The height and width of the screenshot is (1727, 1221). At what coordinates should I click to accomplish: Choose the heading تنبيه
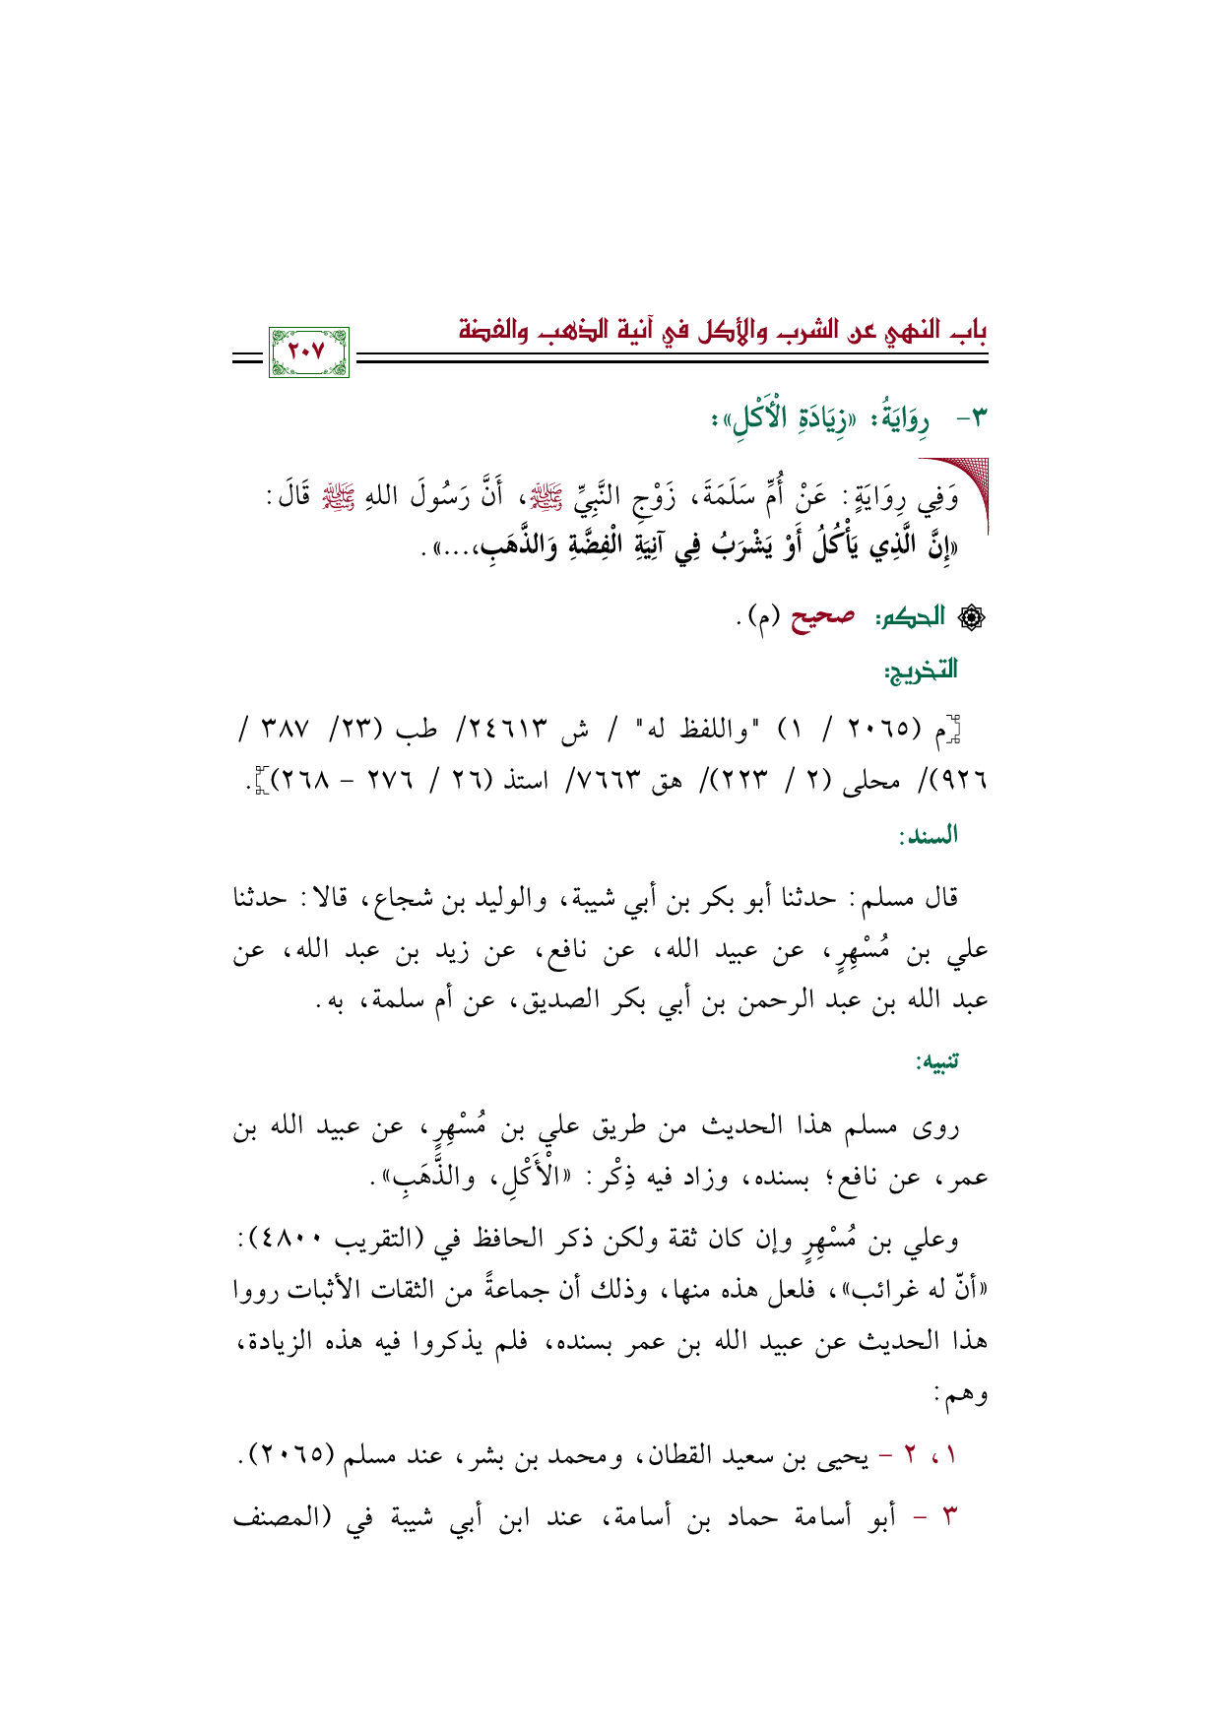point(937,1063)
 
